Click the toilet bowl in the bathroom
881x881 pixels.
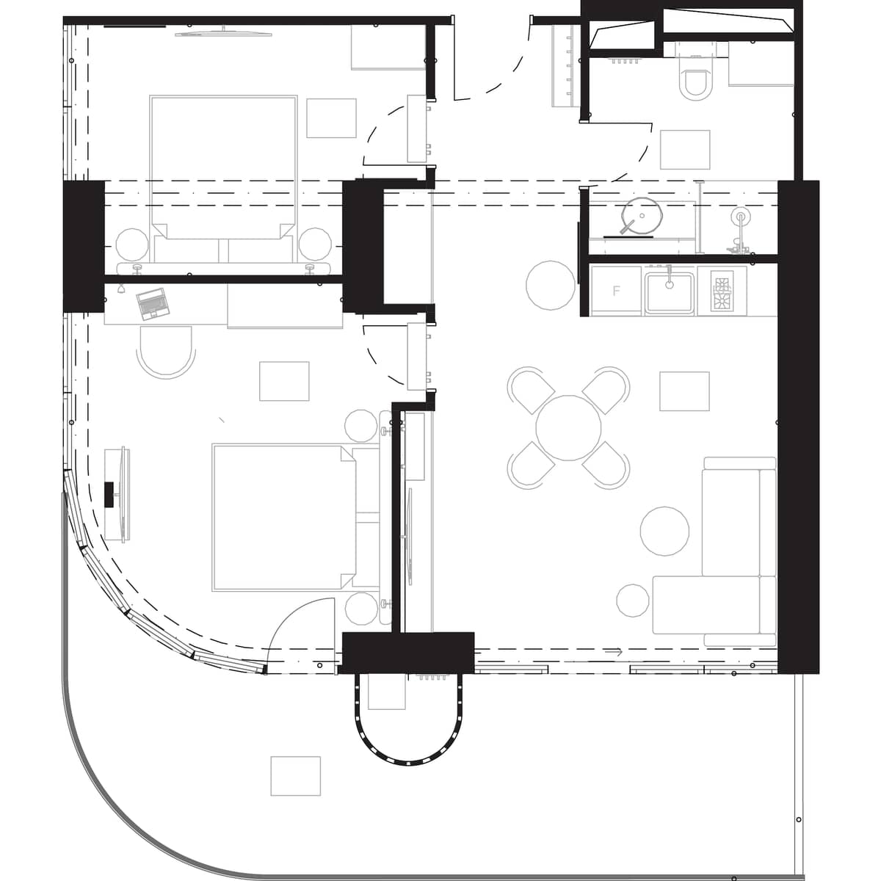pos(695,83)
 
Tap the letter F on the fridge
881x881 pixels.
pos(617,291)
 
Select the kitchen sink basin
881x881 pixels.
pos(670,293)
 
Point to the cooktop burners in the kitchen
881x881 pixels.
pos(722,291)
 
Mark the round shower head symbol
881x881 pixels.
pos(740,217)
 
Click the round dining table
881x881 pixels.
pos(568,428)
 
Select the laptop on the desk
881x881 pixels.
pos(151,303)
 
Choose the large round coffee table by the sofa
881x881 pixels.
pos(664,531)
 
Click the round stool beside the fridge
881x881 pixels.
pos(551,285)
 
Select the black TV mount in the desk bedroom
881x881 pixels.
pos(110,494)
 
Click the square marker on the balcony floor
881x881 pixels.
pos(295,776)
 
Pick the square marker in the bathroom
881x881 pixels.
pos(684,150)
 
